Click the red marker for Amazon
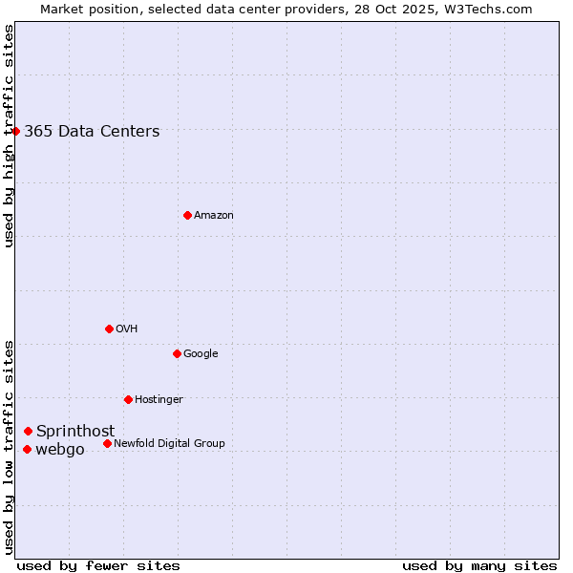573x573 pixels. [x=187, y=215]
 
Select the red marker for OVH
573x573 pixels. [x=109, y=329]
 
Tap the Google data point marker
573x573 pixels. [x=177, y=353]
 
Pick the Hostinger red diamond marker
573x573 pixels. [x=128, y=399]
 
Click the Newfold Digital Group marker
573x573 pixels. [x=107, y=443]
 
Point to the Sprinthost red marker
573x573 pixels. [x=28, y=431]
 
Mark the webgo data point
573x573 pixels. [x=27, y=449]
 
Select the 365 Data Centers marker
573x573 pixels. [x=16, y=131]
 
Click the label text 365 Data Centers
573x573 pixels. [x=92, y=132]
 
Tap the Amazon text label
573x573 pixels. [x=214, y=216]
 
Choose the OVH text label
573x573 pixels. [x=127, y=329]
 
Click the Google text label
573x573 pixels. [x=201, y=354]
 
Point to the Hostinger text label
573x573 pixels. [x=159, y=400]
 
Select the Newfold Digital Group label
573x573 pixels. [x=169, y=444]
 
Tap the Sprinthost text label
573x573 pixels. [x=75, y=432]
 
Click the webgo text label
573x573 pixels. [x=60, y=450]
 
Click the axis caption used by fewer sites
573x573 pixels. [x=98, y=565]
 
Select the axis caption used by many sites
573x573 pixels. [x=479, y=565]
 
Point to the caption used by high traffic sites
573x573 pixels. [x=9, y=136]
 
